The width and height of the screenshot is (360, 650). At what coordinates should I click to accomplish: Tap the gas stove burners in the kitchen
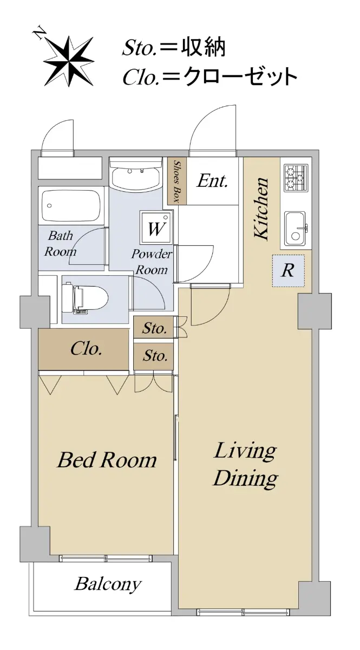coord(296,177)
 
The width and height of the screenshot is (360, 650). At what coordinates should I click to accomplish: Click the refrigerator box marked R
coord(289,271)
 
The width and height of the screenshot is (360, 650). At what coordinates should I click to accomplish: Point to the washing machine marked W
coord(156,227)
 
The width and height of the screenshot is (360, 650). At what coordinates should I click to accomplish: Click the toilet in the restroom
coord(86,298)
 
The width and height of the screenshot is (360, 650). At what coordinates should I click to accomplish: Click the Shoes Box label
coord(176,181)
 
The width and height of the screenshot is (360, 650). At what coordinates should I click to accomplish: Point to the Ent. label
coord(212,181)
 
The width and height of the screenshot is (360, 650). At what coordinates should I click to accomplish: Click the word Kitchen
coord(261,209)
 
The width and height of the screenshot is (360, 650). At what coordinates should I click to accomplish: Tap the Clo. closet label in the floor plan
coord(86,349)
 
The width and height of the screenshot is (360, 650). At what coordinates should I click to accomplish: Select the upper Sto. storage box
coord(154,328)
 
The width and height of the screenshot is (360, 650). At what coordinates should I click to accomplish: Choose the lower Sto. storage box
coord(154,356)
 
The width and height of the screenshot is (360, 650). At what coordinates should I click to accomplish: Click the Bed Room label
coord(107,460)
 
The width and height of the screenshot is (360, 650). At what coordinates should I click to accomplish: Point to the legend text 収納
coord(203,48)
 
